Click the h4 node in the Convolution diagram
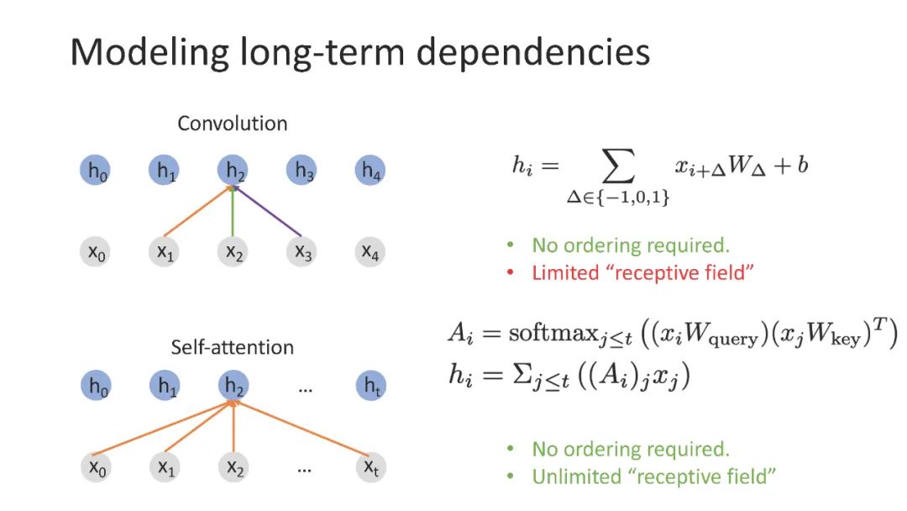(370, 171)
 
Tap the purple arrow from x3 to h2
(270, 212)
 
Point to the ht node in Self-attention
(370, 387)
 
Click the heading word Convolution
(232, 124)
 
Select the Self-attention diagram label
(232, 347)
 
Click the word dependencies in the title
(534, 52)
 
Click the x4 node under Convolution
(370, 251)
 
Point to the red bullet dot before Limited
(510, 273)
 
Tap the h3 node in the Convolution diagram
(302, 171)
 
